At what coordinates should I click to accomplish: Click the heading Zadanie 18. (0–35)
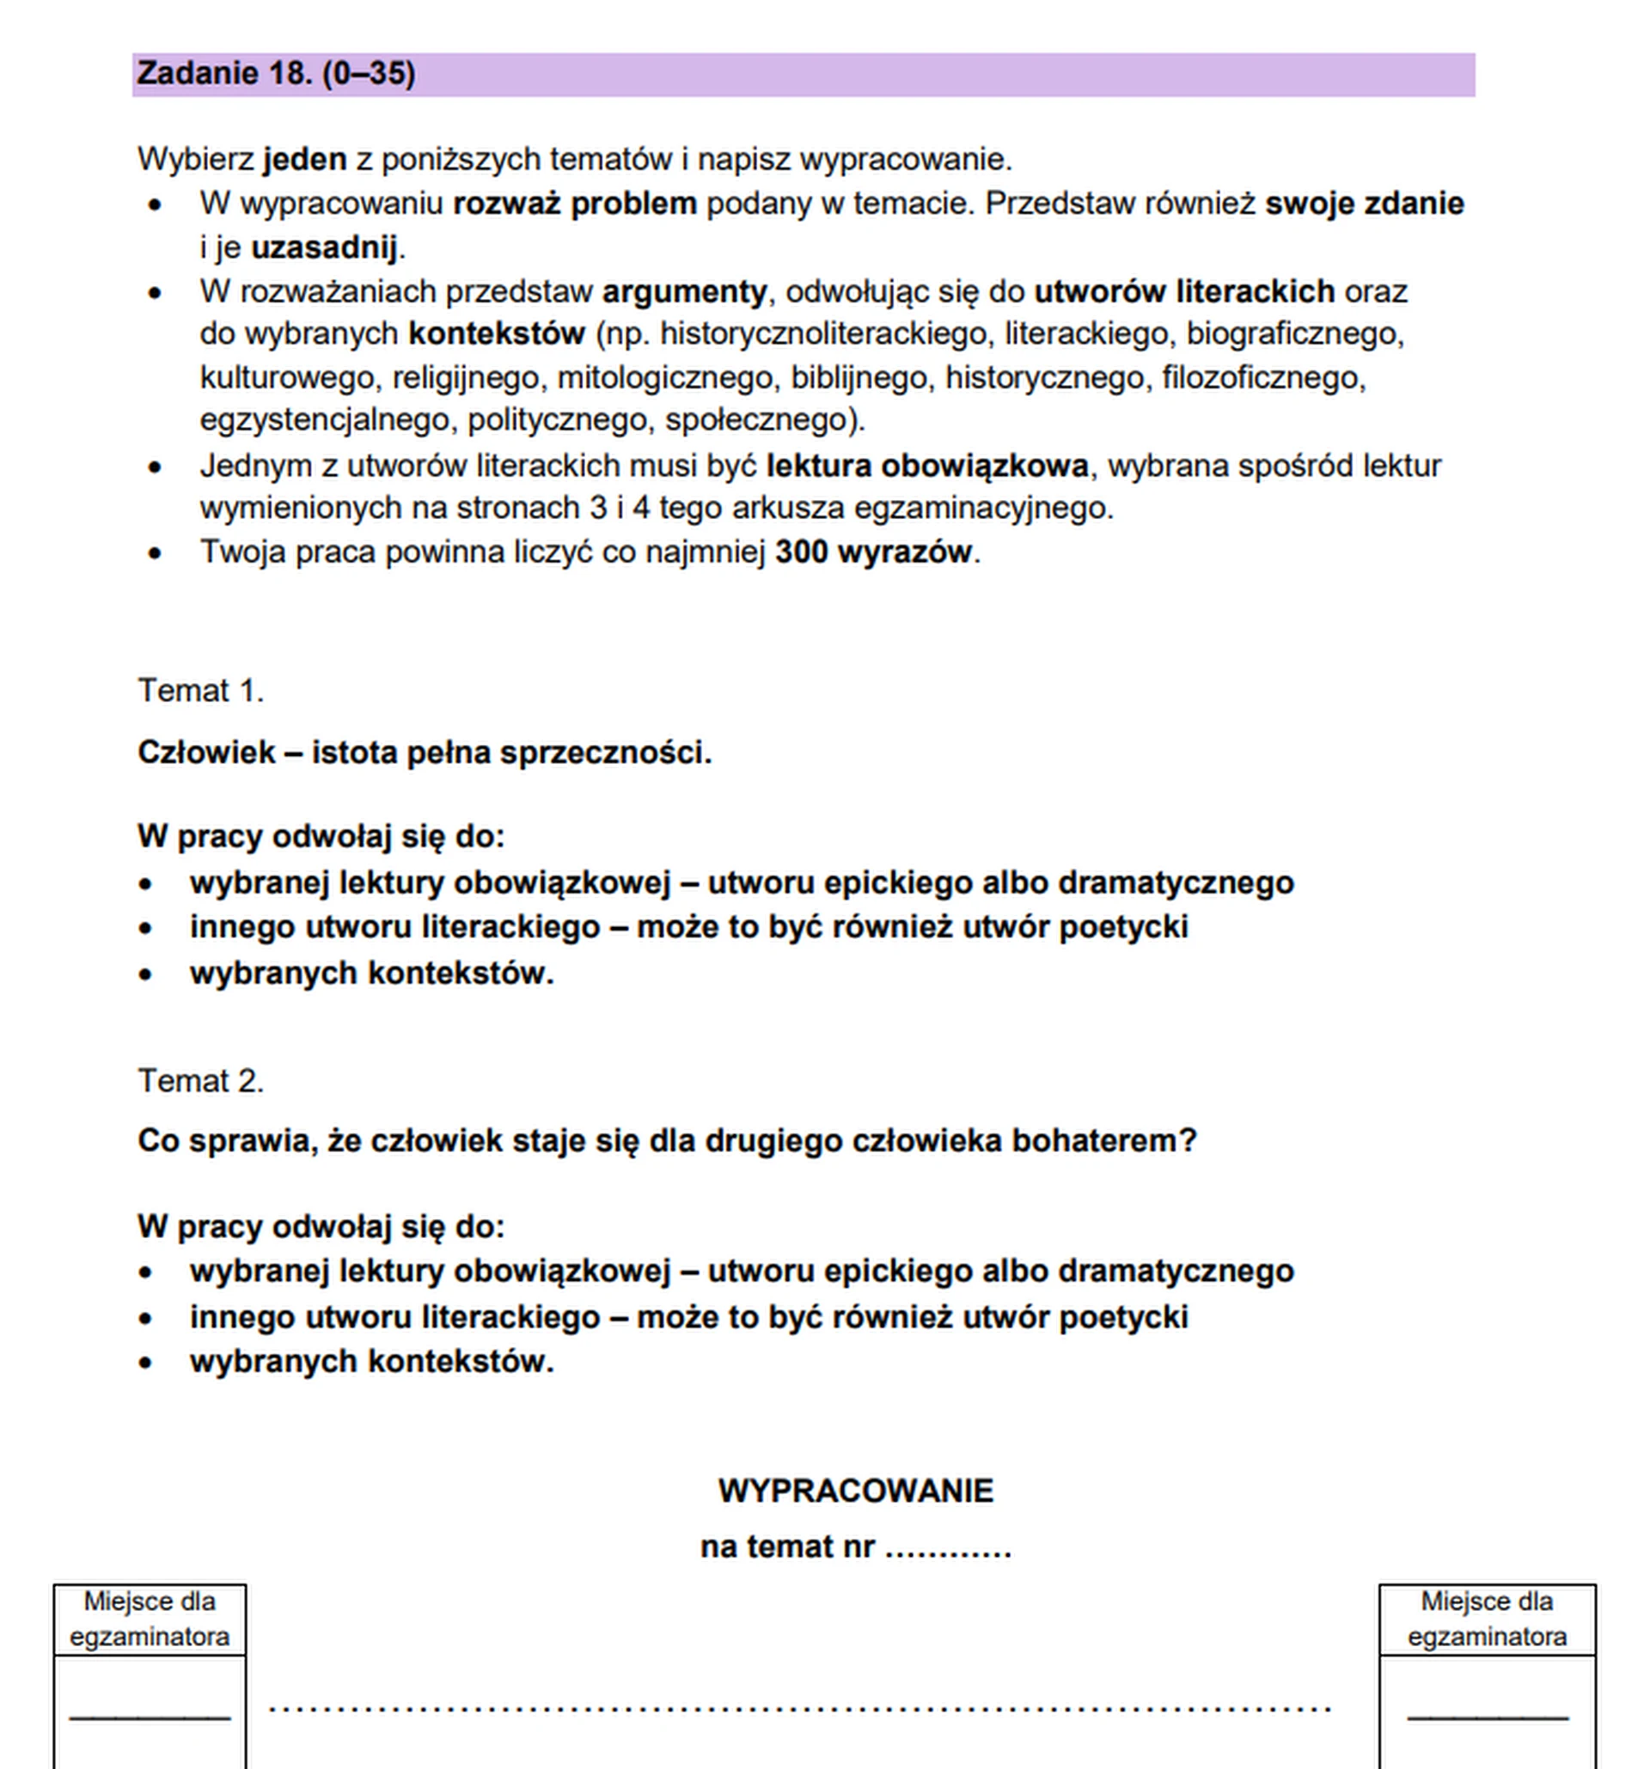276,73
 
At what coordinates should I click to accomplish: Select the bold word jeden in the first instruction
304,159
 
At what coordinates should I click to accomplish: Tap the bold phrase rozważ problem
574,204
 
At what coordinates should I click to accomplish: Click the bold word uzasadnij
324,247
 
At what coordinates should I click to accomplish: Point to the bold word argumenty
683,291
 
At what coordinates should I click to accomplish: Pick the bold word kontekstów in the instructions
496,333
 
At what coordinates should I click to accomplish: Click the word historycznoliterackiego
822,333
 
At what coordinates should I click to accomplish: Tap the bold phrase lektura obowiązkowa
926,466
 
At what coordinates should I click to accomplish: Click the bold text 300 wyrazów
872,552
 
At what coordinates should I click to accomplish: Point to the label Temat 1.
200,691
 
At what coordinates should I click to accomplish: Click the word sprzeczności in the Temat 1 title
605,752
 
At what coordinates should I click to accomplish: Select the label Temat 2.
200,1080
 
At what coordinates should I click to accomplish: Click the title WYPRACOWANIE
855,1491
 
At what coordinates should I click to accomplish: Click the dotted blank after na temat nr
948,1547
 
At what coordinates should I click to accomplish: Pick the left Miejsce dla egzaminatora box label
150,1619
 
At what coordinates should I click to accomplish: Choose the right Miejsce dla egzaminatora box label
1486,1619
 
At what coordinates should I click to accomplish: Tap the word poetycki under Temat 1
1123,926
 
